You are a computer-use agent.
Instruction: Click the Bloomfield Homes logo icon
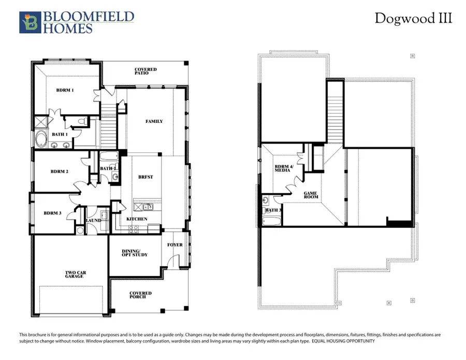point(29,22)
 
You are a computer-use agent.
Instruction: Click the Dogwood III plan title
point(413,19)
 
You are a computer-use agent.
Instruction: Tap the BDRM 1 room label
point(65,90)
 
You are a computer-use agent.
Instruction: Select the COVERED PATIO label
point(145,71)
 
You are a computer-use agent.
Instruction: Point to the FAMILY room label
point(154,121)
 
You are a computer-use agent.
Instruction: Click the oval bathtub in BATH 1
point(41,139)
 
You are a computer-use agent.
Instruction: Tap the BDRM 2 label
point(60,171)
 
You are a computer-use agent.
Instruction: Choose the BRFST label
point(145,177)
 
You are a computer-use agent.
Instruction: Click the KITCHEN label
point(137,219)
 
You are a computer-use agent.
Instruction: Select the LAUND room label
point(94,220)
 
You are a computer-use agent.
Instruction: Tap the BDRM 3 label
point(52,213)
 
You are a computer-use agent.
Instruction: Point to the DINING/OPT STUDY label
point(135,252)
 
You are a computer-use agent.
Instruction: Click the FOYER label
point(174,244)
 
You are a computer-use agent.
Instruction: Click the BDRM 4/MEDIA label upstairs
point(284,169)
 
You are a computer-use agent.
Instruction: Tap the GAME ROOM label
point(311,195)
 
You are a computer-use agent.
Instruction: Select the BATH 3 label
point(272,210)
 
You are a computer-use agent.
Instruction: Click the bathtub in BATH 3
point(270,221)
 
